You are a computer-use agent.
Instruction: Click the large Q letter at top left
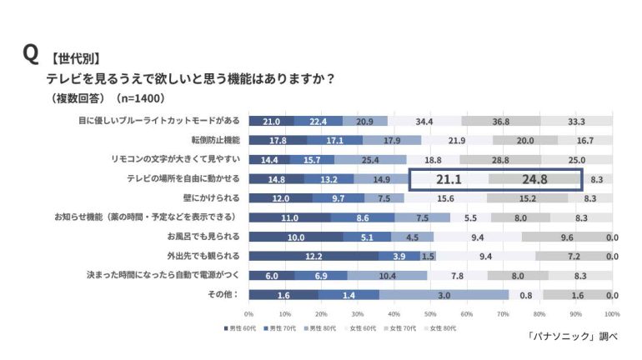pyautogui.click(x=30, y=54)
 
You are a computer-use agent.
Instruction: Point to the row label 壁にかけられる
pyautogui.click(x=213, y=197)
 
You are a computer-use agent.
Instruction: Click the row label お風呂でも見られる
pyautogui.click(x=203, y=236)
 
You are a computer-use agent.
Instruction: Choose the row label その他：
pyautogui.click(x=224, y=294)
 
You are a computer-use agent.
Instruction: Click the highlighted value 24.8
pyautogui.click(x=534, y=178)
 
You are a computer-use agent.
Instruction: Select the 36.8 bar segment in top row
pyautogui.click(x=500, y=121)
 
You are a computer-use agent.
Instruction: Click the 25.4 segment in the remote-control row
pyautogui.click(x=371, y=159)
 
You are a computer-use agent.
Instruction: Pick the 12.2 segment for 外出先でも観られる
pyautogui.click(x=313, y=256)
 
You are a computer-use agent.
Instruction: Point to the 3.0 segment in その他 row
pyautogui.click(x=445, y=295)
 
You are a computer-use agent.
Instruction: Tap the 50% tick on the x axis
pyautogui.click(x=430, y=314)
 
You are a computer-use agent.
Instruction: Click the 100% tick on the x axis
pyautogui.click(x=611, y=314)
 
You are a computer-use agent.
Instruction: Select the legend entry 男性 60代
pyautogui.click(x=242, y=328)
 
